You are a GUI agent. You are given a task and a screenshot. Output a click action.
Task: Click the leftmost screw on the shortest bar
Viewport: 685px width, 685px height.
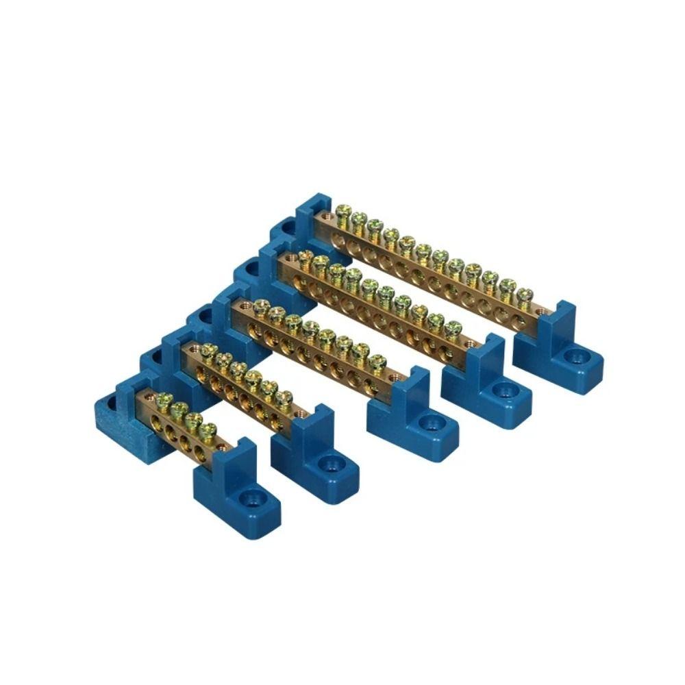pos(163,399)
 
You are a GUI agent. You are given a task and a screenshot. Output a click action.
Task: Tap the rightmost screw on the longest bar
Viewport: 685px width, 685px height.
pos(524,295)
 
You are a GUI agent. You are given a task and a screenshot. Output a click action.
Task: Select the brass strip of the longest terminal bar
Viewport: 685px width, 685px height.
pos(438,274)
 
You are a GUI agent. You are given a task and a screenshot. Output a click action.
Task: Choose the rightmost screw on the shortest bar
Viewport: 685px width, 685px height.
pos(209,429)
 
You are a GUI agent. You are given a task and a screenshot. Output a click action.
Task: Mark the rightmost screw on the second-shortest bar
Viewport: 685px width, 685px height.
pos(285,398)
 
